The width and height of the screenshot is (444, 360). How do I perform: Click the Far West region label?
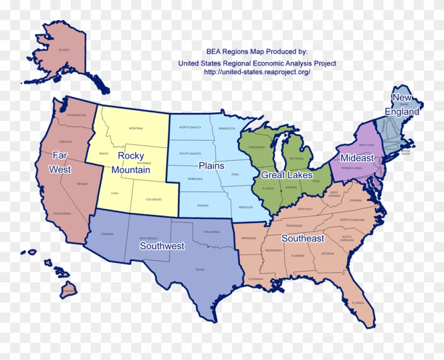pyautogui.click(x=60, y=162)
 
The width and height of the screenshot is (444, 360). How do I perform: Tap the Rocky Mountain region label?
pyautogui.click(x=131, y=163)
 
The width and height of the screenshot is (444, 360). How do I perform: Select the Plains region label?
pyautogui.click(x=211, y=165)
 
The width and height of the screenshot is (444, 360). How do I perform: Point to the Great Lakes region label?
pyautogui.click(x=286, y=175)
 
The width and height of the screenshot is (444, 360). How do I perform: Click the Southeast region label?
pyautogui.click(x=303, y=238)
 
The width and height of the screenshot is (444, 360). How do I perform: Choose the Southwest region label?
pyautogui.click(x=162, y=246)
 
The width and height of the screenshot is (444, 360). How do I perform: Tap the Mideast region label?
pyautogui.click(x=357, y=158)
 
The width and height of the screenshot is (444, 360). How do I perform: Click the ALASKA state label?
pyautogui.click(x=64, y=50)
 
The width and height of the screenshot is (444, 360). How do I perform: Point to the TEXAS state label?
pyautogui.click(x=200, y=270)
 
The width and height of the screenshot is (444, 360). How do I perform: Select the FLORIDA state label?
pyautogui.click(x=358, y=303)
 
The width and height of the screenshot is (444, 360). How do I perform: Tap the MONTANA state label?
pyautogui.click(x=136, y=129)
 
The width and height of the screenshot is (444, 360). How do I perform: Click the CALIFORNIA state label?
pyautogui.click(x=62, y=214)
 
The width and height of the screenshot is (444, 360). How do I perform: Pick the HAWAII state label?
pyautogui.click(x=69, y=291)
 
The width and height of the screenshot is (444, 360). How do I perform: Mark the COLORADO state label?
pyautogui.click(x=154, y=200)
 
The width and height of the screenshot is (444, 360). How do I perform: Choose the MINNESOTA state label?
pyautogui.click(x=227, y=129)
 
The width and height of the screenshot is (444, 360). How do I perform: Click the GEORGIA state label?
pyautogui.click(x=327, y=254)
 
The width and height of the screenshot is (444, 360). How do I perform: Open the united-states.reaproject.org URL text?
pyautogui.click(x=257, y=72)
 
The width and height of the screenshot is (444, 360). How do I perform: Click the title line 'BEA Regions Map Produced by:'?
pyautogui.click(x=257, y=51)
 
